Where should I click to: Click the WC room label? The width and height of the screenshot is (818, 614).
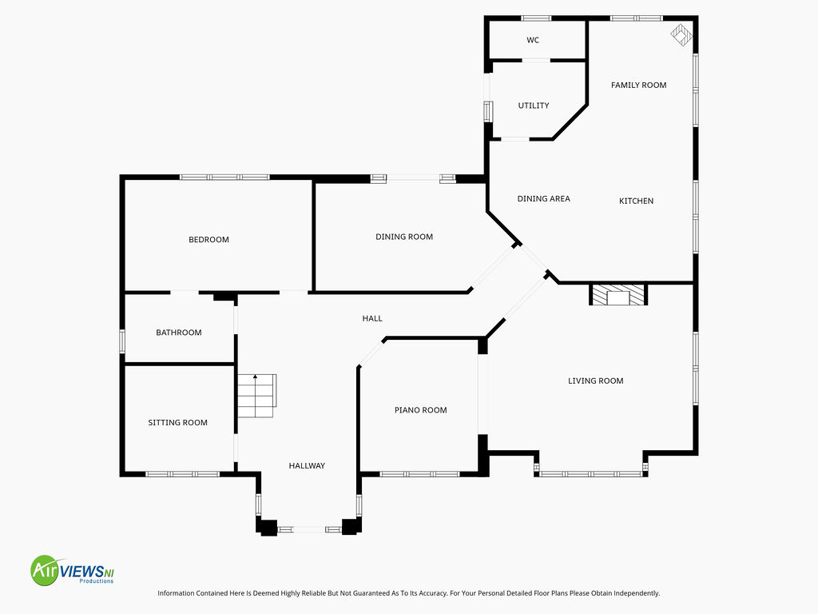click(533, 40)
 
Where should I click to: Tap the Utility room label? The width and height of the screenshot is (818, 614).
click(533, 106)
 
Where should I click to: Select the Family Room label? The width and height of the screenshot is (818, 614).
click(638, 85)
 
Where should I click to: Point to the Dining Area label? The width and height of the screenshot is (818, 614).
click(543, 198)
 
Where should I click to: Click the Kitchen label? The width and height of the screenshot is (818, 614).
click(636, 201)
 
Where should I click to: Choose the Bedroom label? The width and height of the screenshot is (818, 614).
click(208, 240)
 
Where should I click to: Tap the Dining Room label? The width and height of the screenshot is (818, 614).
click(404, 237)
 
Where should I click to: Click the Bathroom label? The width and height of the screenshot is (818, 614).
click(178, 333)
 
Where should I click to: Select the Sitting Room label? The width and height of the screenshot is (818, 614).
click(177, 422)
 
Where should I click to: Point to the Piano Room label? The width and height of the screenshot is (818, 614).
click(420, 410)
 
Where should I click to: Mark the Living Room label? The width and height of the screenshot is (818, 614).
click(596, 381)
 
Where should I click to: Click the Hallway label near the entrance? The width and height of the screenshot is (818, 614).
click(307, 466)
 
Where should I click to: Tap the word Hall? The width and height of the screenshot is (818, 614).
click(372, 318)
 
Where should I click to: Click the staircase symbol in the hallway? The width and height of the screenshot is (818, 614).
click(256, 396)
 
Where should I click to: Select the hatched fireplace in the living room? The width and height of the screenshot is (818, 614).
click(619, 294)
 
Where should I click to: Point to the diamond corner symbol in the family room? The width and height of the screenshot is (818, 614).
click(681, 35)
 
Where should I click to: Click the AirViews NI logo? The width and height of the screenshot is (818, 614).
click(72, 570)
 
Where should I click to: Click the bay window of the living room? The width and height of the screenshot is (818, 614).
click(591, 474)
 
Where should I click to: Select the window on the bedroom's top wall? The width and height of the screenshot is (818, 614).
click(224, 177)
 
